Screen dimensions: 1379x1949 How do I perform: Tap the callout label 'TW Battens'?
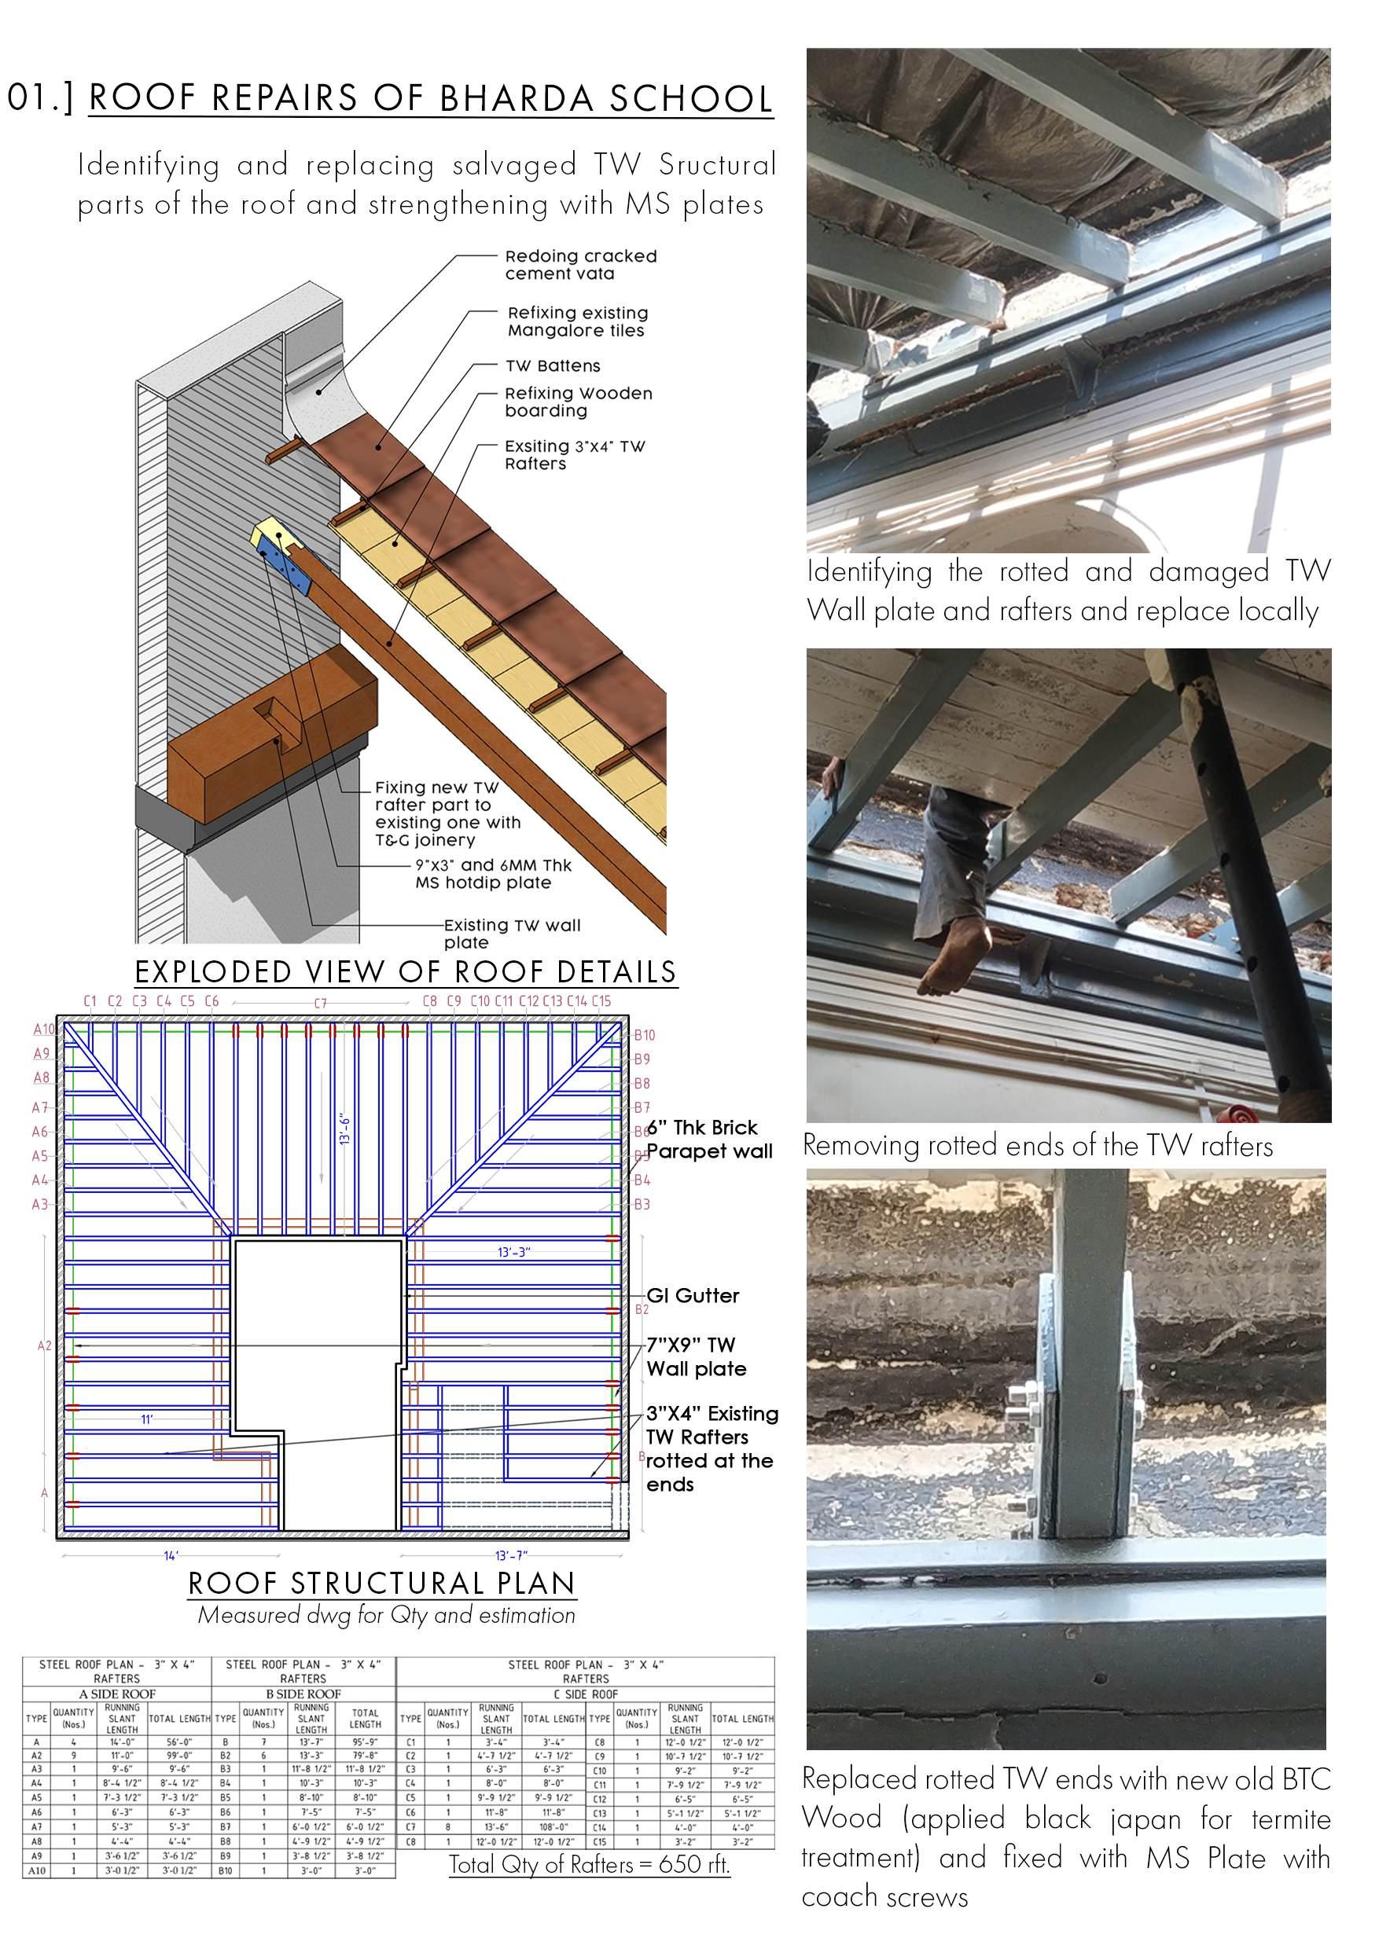pos(552,366)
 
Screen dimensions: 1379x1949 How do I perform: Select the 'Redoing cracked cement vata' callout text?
pos(580,265)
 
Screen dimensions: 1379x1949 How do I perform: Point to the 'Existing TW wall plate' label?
pos(511,934)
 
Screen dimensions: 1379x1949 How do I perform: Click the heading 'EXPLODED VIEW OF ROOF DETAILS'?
pos(406,972)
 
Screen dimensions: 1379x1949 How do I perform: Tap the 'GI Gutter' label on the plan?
pos(692,1296)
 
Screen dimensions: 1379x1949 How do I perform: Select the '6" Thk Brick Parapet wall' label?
pos(708,1140)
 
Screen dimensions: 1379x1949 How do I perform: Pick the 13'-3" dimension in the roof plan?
pos(513,1252)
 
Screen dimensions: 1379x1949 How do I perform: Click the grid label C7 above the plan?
pos(320,1004)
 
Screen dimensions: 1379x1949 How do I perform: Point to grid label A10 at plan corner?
pos(43,1030)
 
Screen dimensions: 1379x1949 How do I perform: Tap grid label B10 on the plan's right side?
pos(645,1035)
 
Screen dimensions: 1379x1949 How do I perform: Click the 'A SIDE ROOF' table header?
pos(117,1694)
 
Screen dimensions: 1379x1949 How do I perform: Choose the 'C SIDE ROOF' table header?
pos(586,1694)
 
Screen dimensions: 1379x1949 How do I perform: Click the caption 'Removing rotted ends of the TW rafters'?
pos(1038,1146)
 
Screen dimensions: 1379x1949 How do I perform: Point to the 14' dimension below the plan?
pos(171,1555)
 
